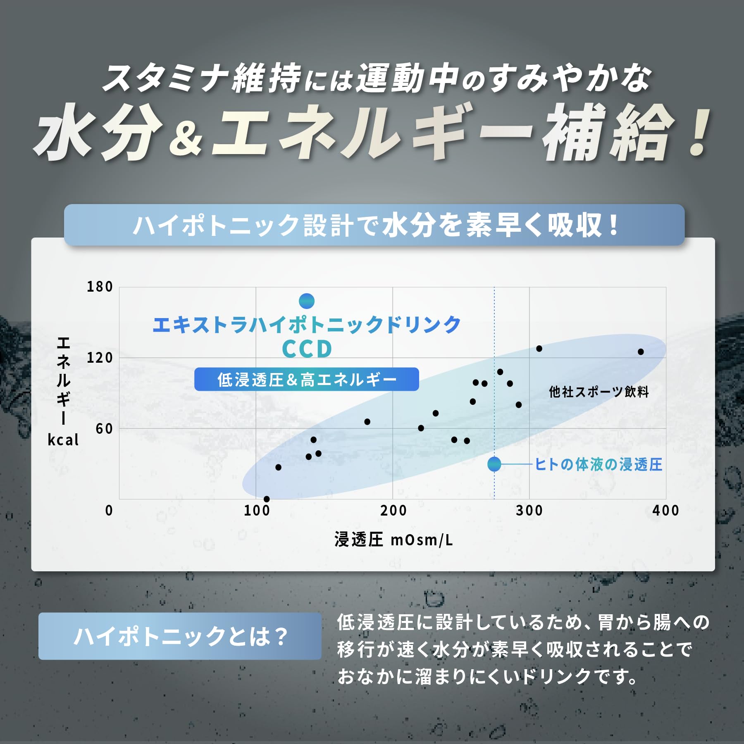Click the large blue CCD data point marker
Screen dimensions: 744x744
pyautogui.click(x=307, y=301)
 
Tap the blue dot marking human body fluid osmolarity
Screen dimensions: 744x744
pyautogui.click(x=494, y=464)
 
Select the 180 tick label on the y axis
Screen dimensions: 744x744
pyautogui.click(x=100, y=287)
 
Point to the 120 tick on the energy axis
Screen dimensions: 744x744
pyautogui.click(x=100, y=358)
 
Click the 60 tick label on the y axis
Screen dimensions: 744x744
pyautogui.click(x=104, y=429)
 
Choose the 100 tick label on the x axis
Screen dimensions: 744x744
pyautogui.click(x=257, y=511)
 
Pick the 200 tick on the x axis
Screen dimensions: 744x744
pyautogui.click(x=393, y=511)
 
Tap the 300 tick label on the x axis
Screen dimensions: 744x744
pyautogui.click(x=529, y=511)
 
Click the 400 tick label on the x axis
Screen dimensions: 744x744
pyautogui.click(x=666, y=511)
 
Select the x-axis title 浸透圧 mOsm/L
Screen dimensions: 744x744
pyautogui.click(x=393, y=540)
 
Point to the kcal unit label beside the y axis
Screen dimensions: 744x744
pyautogui.click(x=63, y=440)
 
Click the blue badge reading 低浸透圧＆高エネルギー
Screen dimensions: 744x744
pyautogui.click(x=307, y=379)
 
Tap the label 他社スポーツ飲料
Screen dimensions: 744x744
pyautogui.click(x=599, y=392)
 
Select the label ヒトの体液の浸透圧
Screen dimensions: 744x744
pyautogui.click(x=599, y=464)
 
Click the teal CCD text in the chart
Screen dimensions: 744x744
pyautogui.click(x=307, y=349)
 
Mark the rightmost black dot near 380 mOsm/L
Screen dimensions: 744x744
pyautogui.click(x=641, y=352)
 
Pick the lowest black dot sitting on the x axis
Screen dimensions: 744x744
pyautogui.click(x=267, y=499)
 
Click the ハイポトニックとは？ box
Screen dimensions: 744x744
pyautogui.click(x=180, y=636)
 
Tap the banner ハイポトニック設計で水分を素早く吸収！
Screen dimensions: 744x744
pyautogui.click(x=374, y=225)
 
